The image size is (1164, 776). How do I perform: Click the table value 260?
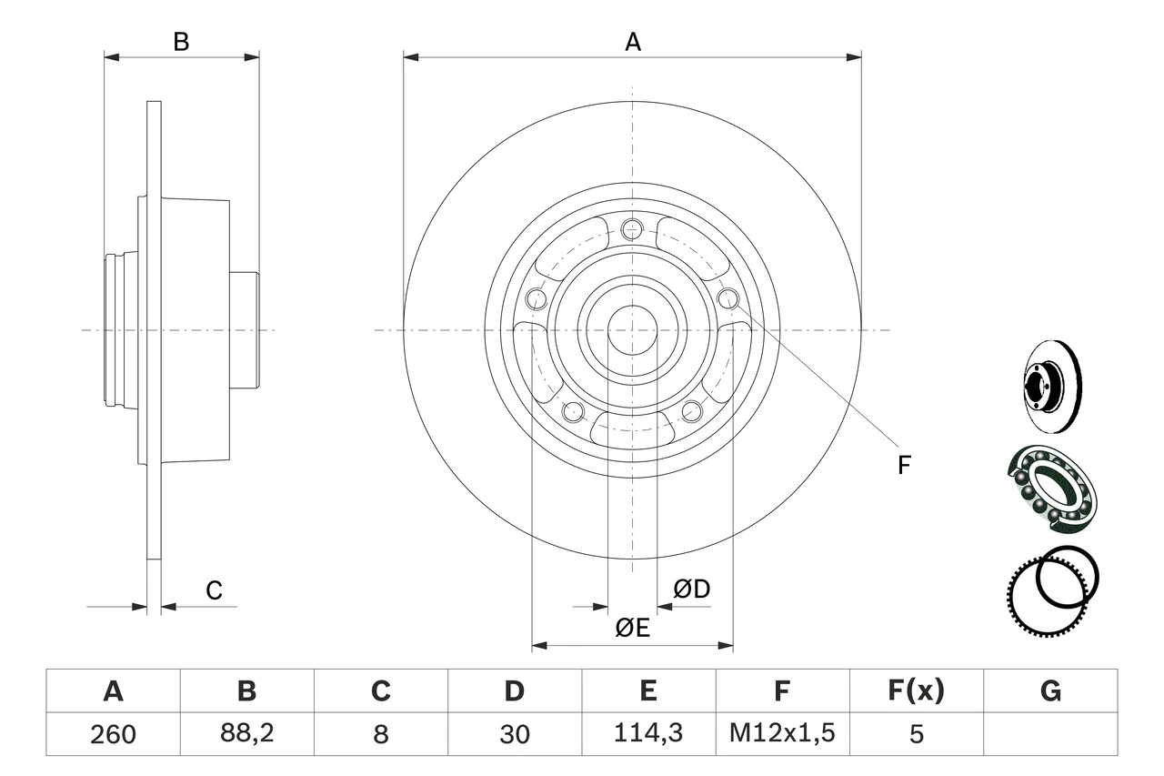(x=113, y=734)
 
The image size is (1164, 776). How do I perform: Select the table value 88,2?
(x=246, y=732)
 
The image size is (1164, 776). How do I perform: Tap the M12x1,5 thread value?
(x=782, y=732)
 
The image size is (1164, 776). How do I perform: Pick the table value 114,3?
(x=648, y=732)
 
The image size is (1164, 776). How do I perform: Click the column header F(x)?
(x=916, y=690)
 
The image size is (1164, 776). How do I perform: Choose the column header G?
(x=1050, y=690)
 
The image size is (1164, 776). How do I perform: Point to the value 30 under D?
(x=515, y=734)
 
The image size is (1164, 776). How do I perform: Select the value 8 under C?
(x=381, y=734)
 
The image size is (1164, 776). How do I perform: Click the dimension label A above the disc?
(x=633, y=42)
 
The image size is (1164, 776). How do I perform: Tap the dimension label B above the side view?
(x=181, y=42)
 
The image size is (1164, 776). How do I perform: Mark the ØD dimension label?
(x=692, y=589)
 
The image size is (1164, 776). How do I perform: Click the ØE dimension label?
(x=632, y=628)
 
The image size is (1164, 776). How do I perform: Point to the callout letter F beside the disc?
(x=904, y=465)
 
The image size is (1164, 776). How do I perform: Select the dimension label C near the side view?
(x=214, y=590)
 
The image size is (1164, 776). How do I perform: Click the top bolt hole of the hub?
(x=632, y=230)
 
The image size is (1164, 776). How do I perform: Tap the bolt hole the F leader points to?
(x=728, y=298)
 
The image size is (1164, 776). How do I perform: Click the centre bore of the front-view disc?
(x=632, y=330)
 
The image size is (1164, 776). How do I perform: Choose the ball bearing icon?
(x=1052, y=489)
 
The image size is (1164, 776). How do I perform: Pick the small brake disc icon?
(x=1052, y=387)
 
